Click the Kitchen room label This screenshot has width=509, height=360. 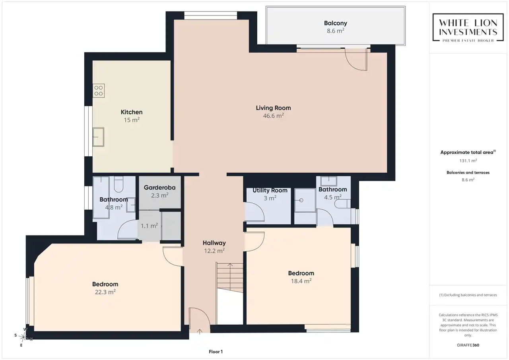coord(132,112)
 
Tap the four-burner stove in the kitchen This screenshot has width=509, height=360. coord(99,91)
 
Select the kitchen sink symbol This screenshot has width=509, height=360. coord(98,137)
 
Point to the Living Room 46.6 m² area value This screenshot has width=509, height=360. coord(273,116)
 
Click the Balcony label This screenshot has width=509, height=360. coord(335,23)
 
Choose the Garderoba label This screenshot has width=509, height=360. coord(159,187)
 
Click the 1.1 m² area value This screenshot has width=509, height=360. coord(149,226)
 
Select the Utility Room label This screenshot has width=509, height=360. coord(270,190)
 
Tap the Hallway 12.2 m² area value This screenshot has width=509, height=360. coord(214,251)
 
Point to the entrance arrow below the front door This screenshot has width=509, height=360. coord(200,332)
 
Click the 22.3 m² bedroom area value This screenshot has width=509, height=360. coord(105,292)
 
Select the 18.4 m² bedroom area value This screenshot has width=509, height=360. coord(301,281)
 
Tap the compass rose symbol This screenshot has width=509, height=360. coord(23,337)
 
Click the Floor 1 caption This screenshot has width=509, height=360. coord(216,352)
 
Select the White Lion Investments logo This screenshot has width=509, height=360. coord(468,27)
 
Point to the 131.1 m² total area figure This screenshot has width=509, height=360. coord(468,161)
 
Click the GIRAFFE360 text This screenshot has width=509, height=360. coord(468,345)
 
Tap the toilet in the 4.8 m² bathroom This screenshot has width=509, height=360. coord(119,184)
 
